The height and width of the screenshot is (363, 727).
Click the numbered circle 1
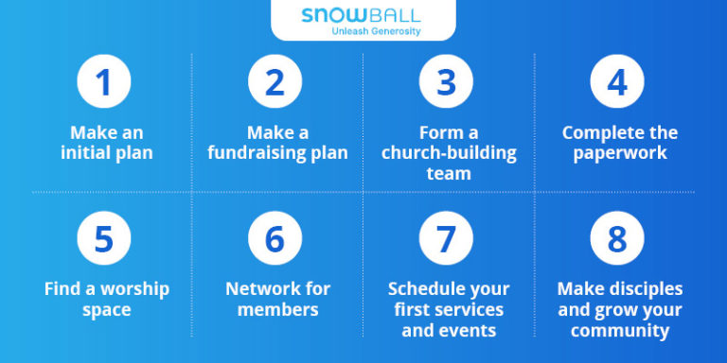click(x=104, y=82)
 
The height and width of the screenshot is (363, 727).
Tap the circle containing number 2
click(x=275, y=82)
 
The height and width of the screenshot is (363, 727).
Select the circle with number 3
click(x=446, y=82)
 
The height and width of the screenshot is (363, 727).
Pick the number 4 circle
click(x=617, y=82)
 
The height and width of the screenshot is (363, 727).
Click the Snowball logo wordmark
click(x=362, y=15)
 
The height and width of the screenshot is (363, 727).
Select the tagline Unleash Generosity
click(x=377, y=31)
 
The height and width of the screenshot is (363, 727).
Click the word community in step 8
click(x=620, y=331)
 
